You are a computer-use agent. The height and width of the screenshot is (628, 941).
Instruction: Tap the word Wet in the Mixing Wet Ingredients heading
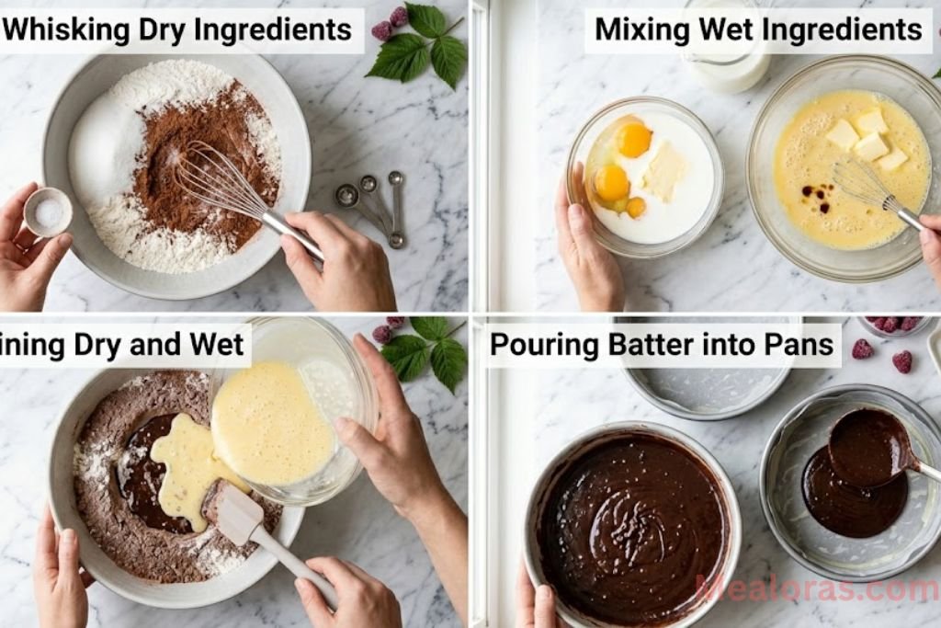pyautogui.click(x=718, y=29)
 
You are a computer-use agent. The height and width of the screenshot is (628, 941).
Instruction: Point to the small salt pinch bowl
pyautogui.click(x=48, y=212)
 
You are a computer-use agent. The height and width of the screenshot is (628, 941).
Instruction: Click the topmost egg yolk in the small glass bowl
pyautogui.click(x=634, y=140)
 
